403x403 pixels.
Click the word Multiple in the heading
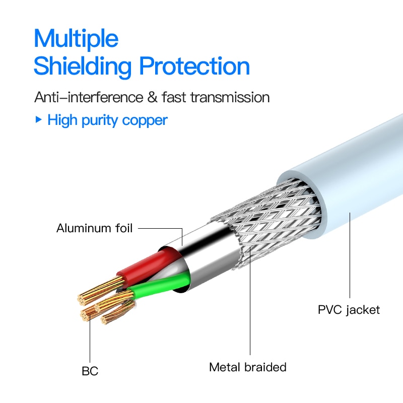(76, 39)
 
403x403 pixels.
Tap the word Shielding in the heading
(83, 66)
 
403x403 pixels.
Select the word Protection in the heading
(194, 66)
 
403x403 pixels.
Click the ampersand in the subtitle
(153, 97)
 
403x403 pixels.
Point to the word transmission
(230, 97)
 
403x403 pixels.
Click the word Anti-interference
(89, 97)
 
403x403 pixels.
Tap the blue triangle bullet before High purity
(38, 119)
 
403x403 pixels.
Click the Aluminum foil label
(94, 228)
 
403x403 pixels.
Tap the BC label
(90, 371)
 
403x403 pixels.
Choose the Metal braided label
(248, 367)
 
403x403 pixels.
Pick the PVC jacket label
(349, 310)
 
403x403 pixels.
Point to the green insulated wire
(160, 285)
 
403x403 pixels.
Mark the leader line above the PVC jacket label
(350, 255)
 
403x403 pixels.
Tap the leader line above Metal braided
(250, 301)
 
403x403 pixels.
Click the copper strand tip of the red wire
(82, 300)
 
